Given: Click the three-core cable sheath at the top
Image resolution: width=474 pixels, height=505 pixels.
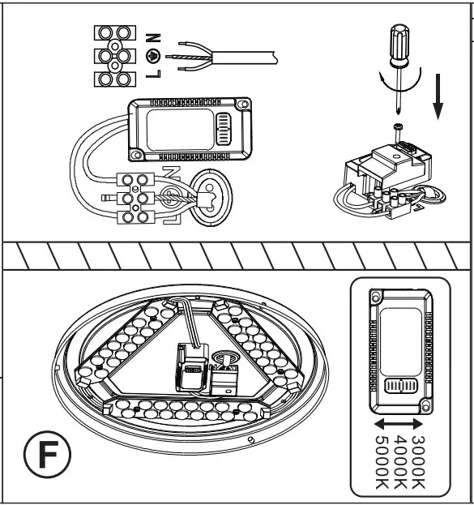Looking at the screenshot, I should point(243,56).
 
